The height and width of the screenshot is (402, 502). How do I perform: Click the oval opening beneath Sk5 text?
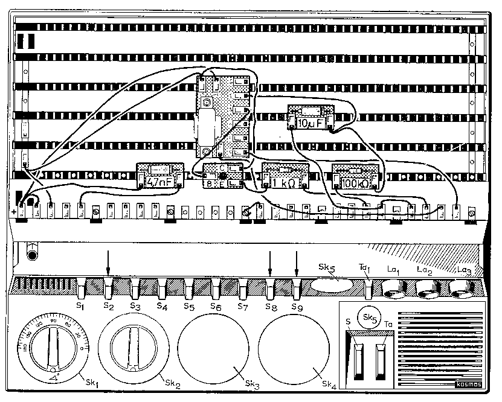pyautogui.click(x=333, y=286)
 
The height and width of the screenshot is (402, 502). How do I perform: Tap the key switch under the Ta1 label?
pyautogui.click(x=368, y=289)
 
